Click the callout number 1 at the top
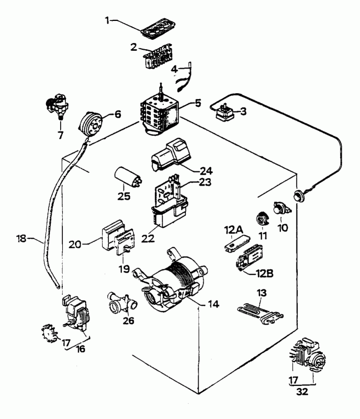coord(107,20)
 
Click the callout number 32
coord(301,390)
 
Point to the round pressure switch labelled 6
coord(92,122)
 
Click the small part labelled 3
coord(224,112)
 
